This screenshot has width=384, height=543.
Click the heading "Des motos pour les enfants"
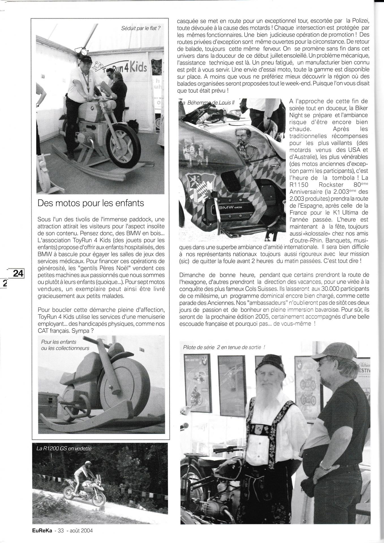click(x=91, y=203)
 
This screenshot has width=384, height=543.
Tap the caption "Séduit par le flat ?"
click(x=141, y=28)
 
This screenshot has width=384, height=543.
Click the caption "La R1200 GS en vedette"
click(x=64, y=448)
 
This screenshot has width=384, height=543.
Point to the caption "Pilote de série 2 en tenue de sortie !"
click(x=224, y=347)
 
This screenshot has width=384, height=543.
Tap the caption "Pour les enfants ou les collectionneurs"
click(x=65, y=345)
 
